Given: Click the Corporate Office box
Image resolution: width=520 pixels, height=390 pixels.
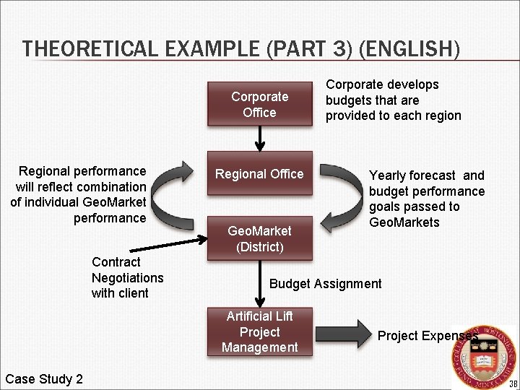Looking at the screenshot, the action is (x=259, y=104).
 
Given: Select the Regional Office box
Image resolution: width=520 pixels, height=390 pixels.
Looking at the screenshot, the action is (x=259, y=174).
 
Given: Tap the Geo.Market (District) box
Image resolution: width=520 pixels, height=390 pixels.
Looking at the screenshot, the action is (x=259, y=238).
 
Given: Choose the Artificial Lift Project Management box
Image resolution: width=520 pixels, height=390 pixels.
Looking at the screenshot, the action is (x=259, y=331).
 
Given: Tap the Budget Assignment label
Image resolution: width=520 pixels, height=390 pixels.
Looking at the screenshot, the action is (x=325, y=284).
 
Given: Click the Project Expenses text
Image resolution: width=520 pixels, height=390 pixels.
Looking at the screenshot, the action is (x=426, y=336).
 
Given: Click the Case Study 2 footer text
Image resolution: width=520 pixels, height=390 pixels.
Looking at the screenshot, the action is (x=44, y=379).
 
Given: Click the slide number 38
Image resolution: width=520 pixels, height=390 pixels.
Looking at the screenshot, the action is (x=513, y=383).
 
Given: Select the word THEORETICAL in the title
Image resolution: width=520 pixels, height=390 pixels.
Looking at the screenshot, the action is (x=80, y=49).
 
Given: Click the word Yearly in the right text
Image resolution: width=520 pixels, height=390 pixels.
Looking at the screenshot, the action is (x=390, y=175).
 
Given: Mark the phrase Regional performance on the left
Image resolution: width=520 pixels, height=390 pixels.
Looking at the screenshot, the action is (x=82, y=171).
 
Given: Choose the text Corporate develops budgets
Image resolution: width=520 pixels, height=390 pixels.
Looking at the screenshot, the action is (x=382, y=92).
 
